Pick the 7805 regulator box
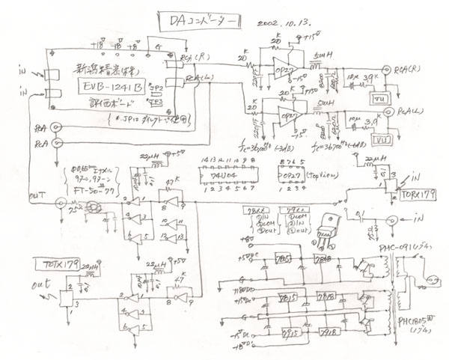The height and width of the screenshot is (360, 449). tap(282, 260)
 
